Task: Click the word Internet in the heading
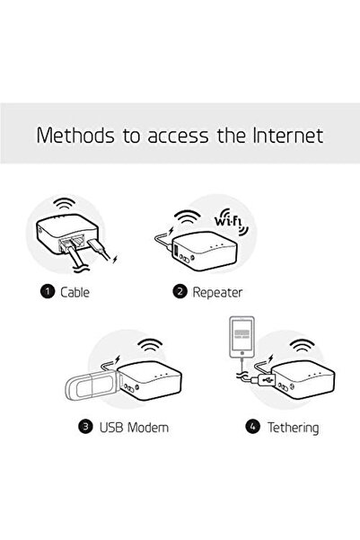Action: click(284, 137)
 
